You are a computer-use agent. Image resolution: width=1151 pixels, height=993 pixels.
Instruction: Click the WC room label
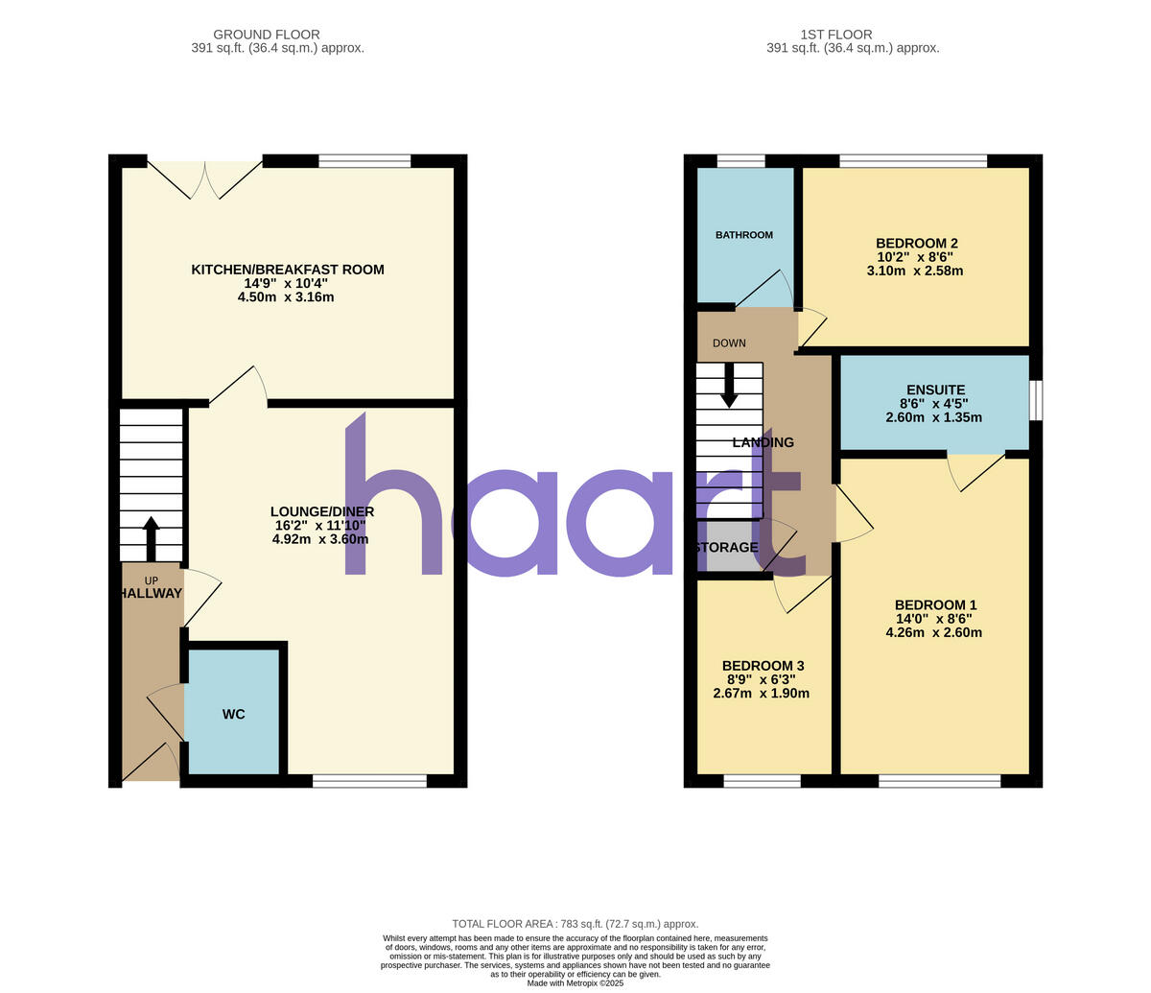pyautogui.click(x=234, y=715)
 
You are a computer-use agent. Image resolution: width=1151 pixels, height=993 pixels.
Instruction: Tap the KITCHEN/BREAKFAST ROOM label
pyautogui.click(x=288, y=270)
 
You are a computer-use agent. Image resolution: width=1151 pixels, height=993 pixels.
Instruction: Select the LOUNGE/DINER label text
pyautogui.click(x=322, y=511)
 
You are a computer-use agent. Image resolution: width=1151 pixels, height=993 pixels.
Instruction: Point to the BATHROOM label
pyautogui.click(x=744, y=235)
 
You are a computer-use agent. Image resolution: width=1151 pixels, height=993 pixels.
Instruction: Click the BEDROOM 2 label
pyautogui.click(x=917, y=244)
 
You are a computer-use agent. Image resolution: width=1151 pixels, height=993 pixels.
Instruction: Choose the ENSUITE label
pyautogui.click(x=936, y=390)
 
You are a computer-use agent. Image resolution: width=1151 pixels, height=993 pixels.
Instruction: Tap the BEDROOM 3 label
pyautogui.click(x=763, y=666)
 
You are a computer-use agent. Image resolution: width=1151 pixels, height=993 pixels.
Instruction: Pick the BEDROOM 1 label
pyautogui.click(x=935, y=605)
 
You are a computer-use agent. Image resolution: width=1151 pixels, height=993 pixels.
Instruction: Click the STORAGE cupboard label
pyautogui.click(x=727, y=548)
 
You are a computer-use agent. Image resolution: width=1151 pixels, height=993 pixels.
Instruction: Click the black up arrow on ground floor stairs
pyautogui.click(x=151, y=538)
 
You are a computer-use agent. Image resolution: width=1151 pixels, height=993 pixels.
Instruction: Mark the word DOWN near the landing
pyautogui.click(x=729, y=343)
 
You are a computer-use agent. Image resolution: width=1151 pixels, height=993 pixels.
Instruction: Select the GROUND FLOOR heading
pyautogui.click(x=267, y=35)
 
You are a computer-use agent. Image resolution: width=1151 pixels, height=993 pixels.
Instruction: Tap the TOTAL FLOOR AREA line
pyautogui.click(x=575, y=924)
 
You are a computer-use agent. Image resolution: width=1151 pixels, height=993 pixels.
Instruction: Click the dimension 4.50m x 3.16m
pyautogui.click(x=286, y=297)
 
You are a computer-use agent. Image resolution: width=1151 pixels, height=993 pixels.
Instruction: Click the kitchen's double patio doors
pyautogui.click(x=205, y=177)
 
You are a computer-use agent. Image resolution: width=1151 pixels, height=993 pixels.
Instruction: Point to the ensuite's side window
pyautogui.click(x=1036, y=400)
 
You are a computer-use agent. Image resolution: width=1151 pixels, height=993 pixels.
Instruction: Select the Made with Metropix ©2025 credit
pyautogui.click(x=575, y=983)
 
